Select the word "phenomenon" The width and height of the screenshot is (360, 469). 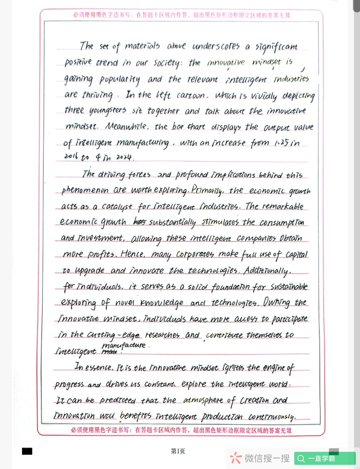pyautogui.click(x=85, y=190)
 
